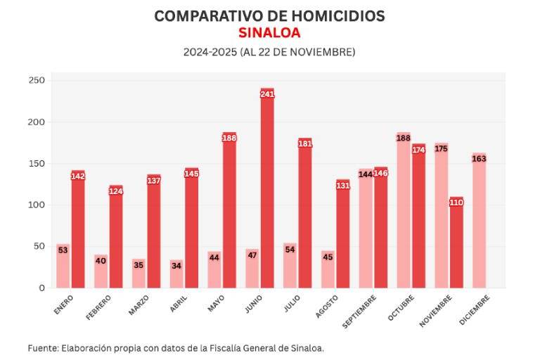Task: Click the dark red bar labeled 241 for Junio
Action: [267, 190]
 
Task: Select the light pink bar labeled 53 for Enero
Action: [63, 267]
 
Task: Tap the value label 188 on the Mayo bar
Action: [229, 138]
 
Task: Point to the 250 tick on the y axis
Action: [37, 81]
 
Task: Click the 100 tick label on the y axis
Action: [37, 205]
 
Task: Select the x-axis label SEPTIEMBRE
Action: [360, 311]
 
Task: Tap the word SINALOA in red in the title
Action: [269, 33]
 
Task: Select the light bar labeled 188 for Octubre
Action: [404, 211]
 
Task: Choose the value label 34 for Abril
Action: [176, 265]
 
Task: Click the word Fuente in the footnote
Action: [43, 348]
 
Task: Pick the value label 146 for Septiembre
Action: [381, 173]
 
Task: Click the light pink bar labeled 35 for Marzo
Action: [139, 274]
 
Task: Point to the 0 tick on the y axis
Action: [41, 288]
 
